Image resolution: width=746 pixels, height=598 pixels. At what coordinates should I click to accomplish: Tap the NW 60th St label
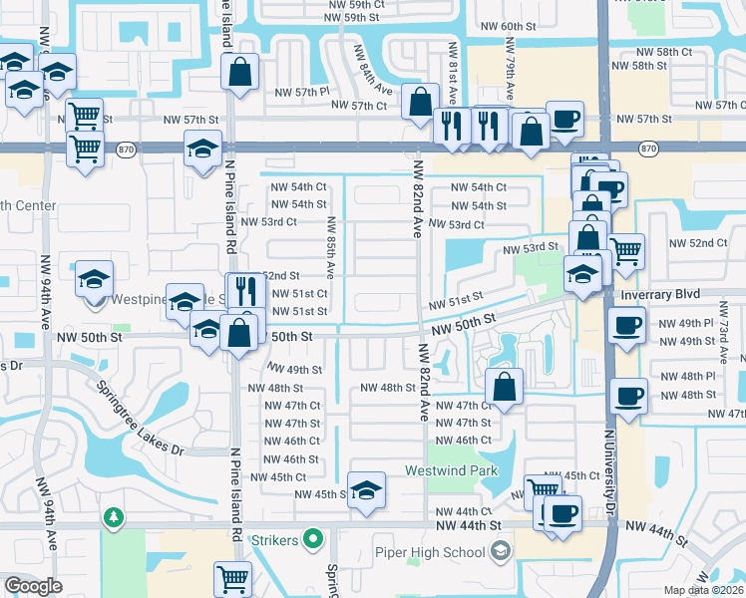[x=515, y=26]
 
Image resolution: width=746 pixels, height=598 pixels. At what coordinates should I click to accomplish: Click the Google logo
[x=33, y=586]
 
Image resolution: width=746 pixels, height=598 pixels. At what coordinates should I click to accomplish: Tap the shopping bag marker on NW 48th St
[x=505, y=386]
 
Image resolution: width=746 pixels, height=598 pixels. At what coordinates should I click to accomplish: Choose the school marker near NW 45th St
[x=367, y=490]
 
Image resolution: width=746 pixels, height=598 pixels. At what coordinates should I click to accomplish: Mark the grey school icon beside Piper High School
[x=500, y=552]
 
